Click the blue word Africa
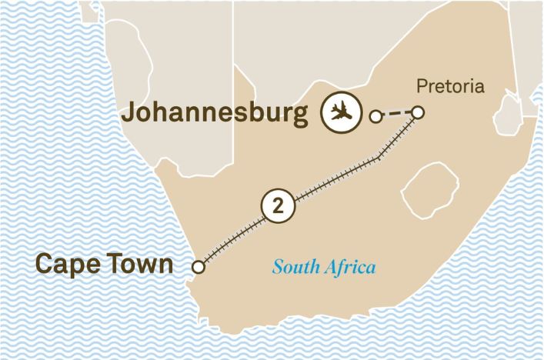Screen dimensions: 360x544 (350, 268)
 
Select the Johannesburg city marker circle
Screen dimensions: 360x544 (375, 117)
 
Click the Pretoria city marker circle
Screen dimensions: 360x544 (418, 113)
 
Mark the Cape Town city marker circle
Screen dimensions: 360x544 (199, 268)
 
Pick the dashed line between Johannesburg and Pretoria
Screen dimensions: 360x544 (396, 115)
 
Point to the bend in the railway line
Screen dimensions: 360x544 (380, 158)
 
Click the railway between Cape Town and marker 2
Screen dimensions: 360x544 (235, 238)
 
